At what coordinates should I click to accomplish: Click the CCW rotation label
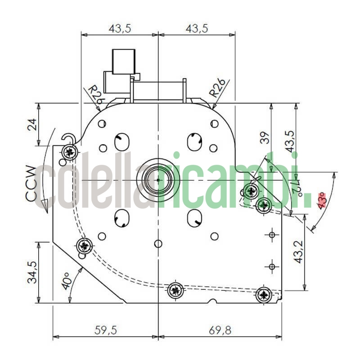pyautogui.click(x=30, y=184)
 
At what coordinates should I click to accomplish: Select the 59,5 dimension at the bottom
pyautogui.click(x=105, y=330)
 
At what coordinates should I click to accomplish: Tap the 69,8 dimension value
pyautogui.click(x=220, y=330)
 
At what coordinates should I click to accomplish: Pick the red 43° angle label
pyautogui.click(x=320, y=199)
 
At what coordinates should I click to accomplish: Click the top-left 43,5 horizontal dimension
pyautogui.click(x=120, y=28)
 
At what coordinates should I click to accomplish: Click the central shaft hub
pyautogui.click(x=158, y=180)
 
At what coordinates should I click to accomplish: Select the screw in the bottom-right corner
pyautogui.click(x=264, y=296)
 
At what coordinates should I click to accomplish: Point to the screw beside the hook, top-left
pyautogui.click(x=69, y=152)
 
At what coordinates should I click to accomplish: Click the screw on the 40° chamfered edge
pyautogui.click(x=84, y=246)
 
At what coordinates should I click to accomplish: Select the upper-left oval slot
pyautogui.click(x=121, y=142)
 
